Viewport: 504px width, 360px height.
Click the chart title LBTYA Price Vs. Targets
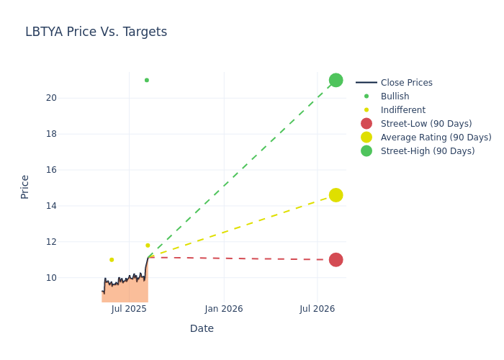point(96,32)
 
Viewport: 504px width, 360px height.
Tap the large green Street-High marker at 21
point(336,80)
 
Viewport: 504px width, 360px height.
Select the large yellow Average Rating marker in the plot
point(336,195)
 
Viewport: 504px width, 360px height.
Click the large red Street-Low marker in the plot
point(336,260)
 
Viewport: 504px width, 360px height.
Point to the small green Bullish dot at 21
point(147,80)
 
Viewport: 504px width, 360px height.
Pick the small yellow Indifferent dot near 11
point(112,260)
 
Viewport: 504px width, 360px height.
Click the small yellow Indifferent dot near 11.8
point(148,246)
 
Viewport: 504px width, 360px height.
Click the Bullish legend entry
point(395,96)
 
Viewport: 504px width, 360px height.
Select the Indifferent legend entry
point(402,110)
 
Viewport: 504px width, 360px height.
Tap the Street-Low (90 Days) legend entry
point(426,124)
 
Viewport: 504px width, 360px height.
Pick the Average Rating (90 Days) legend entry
point(436,138)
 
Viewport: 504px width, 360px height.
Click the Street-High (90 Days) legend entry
point(428,151)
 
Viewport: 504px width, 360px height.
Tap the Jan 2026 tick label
point(224,309)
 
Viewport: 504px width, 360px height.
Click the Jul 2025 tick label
point(130,309)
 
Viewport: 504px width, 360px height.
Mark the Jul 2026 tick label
point(318,309)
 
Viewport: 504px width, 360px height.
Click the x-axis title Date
point(202,329)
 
